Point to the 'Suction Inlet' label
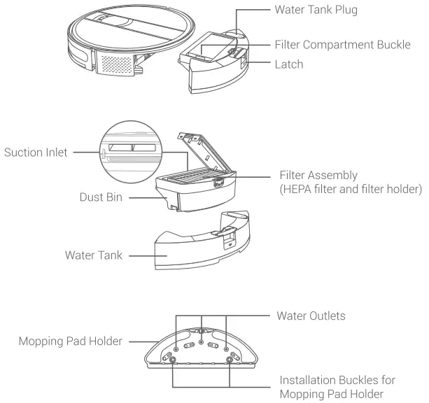(x=37, y=152)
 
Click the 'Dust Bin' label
(x=101, y=198)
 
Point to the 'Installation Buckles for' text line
(x=337, y=380)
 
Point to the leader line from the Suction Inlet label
(x=87, y=152)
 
